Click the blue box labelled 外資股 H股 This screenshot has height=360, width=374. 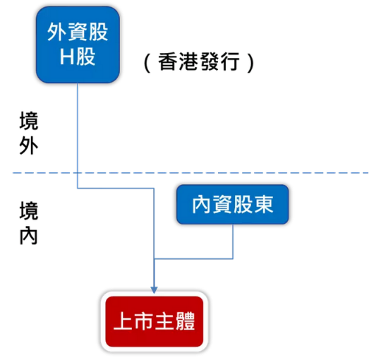pos(78,45)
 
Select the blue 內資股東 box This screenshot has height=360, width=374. pos(233,205)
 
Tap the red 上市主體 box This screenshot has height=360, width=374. pos(155,321)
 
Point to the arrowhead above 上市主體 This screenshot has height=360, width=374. pos(154,289)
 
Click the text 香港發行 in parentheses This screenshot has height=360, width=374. pos(199,61)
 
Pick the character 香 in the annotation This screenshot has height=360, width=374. pos(168,61)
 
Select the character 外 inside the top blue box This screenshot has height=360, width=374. pos(56,32)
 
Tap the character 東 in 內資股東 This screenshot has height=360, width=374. pos(263,204)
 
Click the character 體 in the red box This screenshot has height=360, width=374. pos(186,321)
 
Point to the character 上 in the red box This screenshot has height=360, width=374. pos(123,321)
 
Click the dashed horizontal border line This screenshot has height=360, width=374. pos(191,172)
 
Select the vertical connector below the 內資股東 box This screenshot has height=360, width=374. pos(233,241)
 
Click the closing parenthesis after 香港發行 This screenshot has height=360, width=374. pos(251,63)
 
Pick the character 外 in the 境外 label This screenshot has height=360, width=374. pos(29,145)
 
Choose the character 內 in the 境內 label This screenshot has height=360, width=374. pos(29,236)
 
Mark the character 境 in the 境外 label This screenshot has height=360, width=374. pos(29,121)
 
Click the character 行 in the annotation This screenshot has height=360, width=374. pos(230,61)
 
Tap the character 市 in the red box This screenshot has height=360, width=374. pos(144,321)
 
